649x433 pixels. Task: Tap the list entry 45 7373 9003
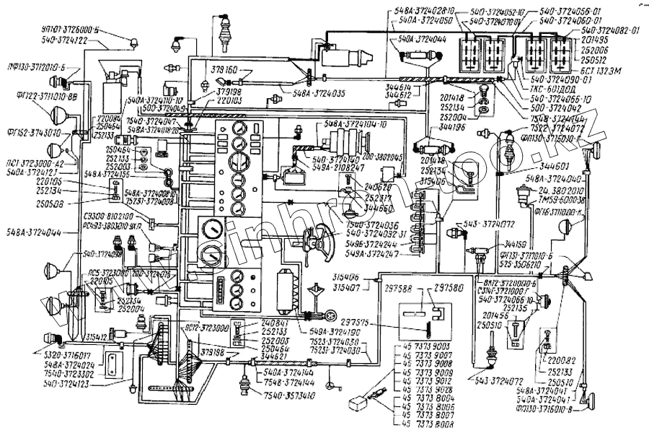click(x=420, y=349)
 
